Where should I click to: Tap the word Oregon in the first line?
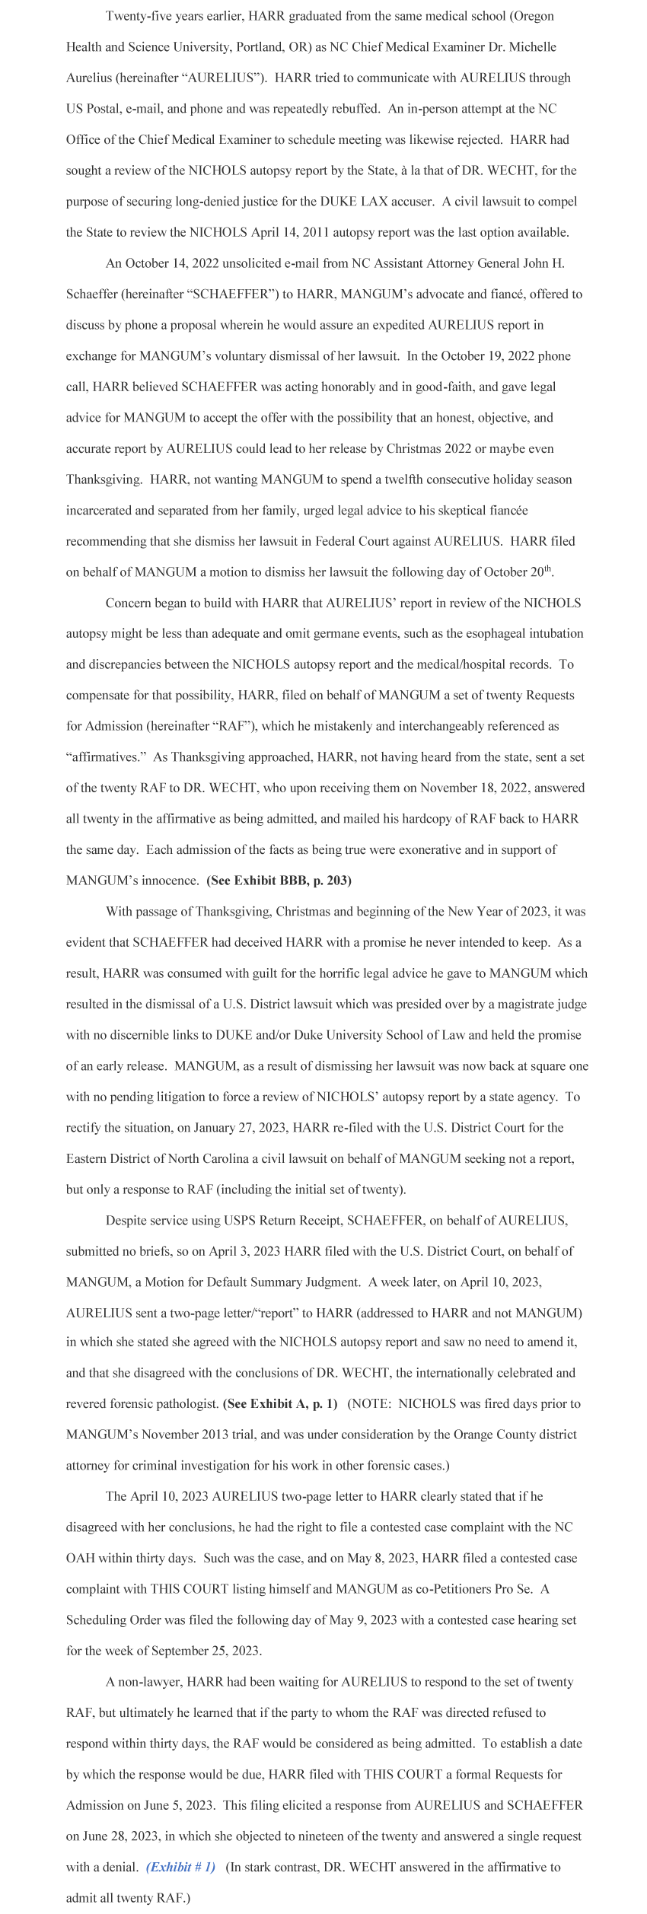pyautogui.click(x=533, y=16)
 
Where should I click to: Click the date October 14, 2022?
pyautogui.click(x=166, y=263)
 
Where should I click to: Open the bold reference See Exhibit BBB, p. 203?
pyautogui.click(x=279, y=881)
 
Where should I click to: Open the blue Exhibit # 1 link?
pyautogui.click(x=180, y=1868)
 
